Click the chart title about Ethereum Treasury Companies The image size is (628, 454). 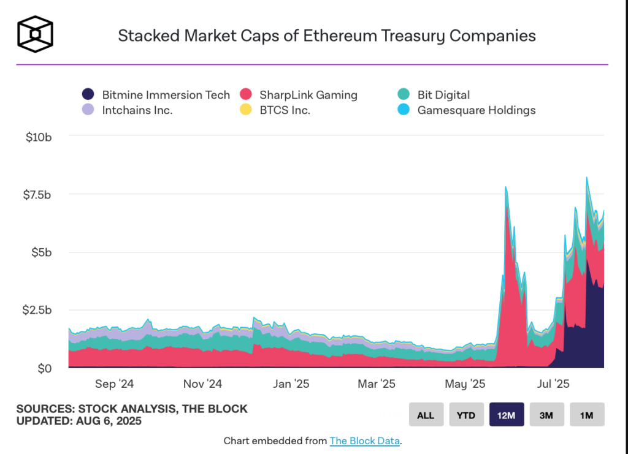tap(326, 36)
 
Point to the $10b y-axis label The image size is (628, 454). tap(38, 137)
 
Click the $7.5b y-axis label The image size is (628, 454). tap(37, 194)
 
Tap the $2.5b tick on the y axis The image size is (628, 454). tap(37, 310)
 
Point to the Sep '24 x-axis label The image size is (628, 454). tap(115, 384)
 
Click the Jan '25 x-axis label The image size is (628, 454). tap(291, 384)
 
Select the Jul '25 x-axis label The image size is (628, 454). tap(553, 384)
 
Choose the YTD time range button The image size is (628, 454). tap(466, 415)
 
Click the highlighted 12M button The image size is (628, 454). tap(506, 415)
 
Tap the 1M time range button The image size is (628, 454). tap(587, 415)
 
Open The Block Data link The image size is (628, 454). tap(364, 441)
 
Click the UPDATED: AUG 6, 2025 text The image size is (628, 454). tap(79, 422)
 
